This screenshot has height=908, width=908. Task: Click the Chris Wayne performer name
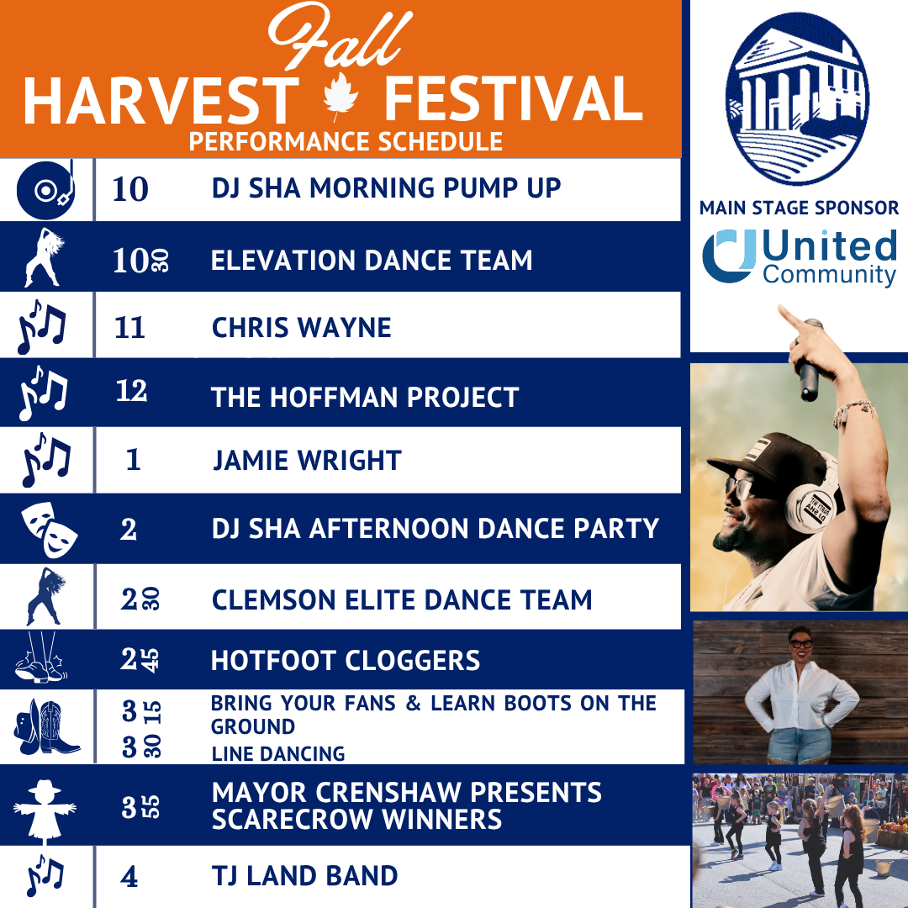point(301,327)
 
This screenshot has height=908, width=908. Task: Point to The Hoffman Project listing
point(365,397)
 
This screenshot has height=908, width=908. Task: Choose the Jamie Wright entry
point(306,461)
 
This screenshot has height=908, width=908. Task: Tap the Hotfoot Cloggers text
point(346,661)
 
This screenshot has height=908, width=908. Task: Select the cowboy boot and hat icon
point(47,726)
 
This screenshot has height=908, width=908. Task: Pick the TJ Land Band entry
point(304,876)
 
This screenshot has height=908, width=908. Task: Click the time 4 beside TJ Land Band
point(129,878)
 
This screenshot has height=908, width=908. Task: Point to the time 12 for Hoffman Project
point(131,391)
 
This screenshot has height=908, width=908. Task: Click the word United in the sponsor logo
point(830,246)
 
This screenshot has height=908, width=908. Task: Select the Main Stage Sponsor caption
point(799,208)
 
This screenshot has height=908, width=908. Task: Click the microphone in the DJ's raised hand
point(810,362)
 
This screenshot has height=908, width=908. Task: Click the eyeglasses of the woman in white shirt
point(800,645)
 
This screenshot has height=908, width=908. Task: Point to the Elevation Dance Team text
point(372,261)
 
